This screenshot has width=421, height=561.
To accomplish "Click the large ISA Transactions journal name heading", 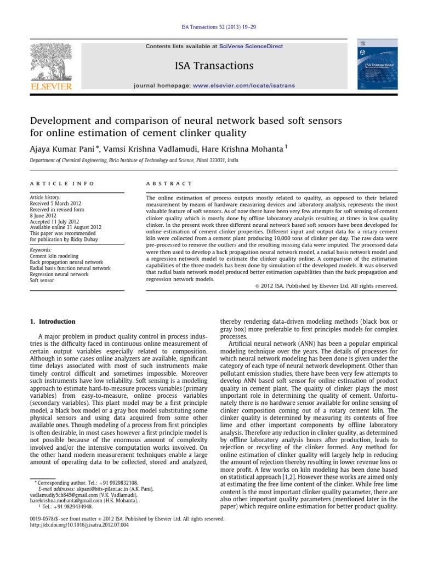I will pyautogui.click(x=214, y=66).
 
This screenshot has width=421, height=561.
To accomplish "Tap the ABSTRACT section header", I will pyautogui.click(x=169, y=184).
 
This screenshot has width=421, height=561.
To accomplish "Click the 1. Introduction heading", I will pyautogui.click(x=52, y=321).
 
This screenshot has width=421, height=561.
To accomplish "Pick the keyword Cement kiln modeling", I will pyautogui.click(x=54, y=256).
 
